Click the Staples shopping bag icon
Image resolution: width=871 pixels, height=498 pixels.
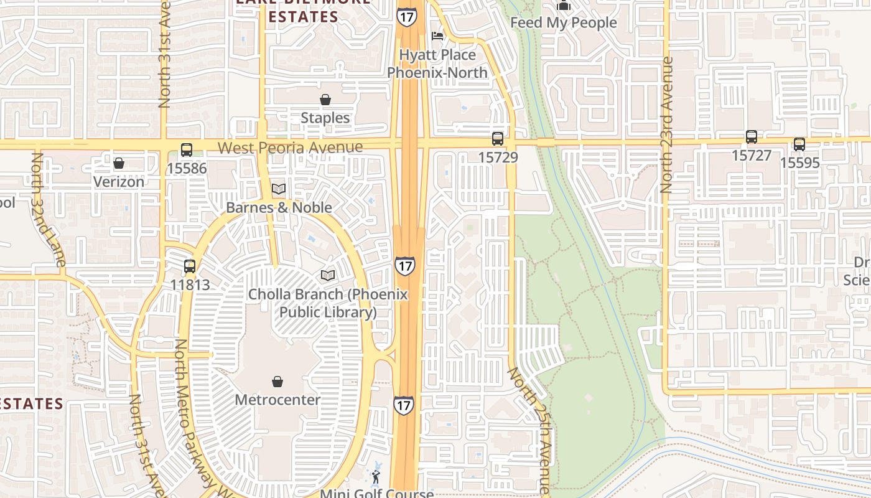click(x=325, y=100)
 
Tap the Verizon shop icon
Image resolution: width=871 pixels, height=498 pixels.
click(x=119, y=164)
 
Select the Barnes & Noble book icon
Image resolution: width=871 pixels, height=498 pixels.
click(x=279, y=189)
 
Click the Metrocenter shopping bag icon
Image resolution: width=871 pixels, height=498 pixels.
click(x=277, y=382)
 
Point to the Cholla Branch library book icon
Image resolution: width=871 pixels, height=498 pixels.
click(x=328, y=275)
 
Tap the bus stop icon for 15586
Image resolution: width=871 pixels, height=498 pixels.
click(x=187, y=150)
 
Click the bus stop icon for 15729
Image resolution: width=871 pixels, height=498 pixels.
click(x=498, y=139)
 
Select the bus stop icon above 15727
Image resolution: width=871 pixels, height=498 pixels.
click(x=752, y=137)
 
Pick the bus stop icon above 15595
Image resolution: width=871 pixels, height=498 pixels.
click(x=799, y=144)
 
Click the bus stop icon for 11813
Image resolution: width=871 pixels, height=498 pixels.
click(x=190, y=266)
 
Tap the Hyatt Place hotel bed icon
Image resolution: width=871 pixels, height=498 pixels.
click(x=438, y=35)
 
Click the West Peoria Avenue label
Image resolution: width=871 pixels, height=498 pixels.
click(x=291, y=148)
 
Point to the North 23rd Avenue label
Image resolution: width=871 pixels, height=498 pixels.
click(x=667, y=125)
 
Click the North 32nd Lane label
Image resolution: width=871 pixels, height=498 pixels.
click(x=47, y=210)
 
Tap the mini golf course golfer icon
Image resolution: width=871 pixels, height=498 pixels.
click(x=376, y=477)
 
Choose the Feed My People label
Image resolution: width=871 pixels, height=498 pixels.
click(x=564, y=23)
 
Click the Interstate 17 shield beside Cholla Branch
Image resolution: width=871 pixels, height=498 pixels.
click(x=404, y=266)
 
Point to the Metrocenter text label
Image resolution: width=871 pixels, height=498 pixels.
click(x=277, y=400)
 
